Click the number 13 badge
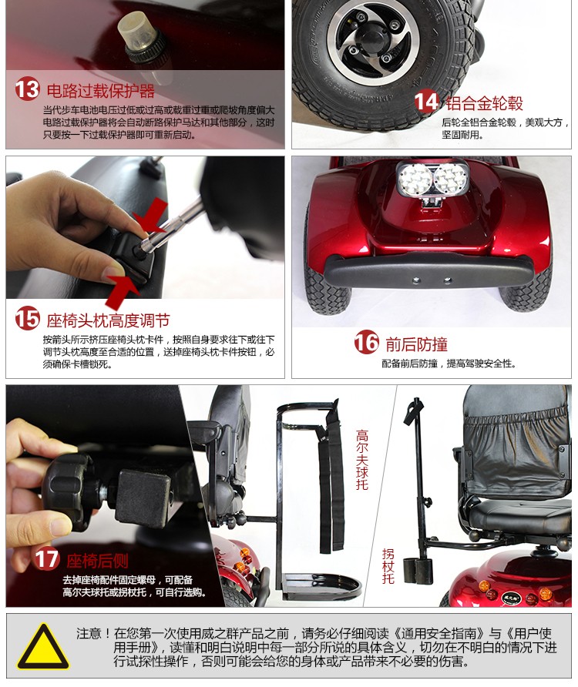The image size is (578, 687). (27, 89)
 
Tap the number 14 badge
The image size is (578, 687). (427, 101)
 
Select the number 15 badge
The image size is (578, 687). (27, 318)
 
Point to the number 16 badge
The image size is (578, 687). (367, 342)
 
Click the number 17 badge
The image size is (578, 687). (46, 558)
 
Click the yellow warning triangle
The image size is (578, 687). (42, 646)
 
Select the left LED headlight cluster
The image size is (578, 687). (415, 179)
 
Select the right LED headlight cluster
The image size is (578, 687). (450, 179)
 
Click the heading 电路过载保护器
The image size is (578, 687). (101, 91)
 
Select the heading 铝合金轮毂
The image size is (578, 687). (485, 103)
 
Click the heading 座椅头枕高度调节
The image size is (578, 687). (109, 320)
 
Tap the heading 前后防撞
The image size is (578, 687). (417, 344)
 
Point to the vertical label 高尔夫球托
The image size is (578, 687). (362, 460)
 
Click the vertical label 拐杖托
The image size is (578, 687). (388, 566)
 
